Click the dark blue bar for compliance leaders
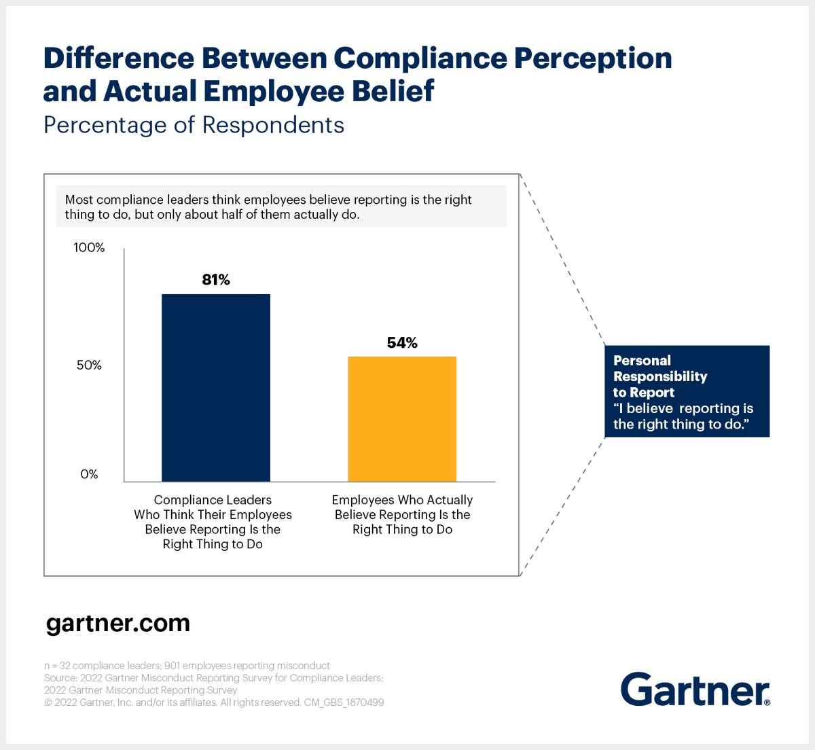215,388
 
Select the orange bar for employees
402,419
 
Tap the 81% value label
216,280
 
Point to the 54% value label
402,343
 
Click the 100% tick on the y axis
89,248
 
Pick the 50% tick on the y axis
89,365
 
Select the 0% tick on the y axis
89,474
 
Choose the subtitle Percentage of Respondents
194,126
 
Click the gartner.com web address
118,624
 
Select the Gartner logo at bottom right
695,690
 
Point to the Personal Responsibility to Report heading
659,376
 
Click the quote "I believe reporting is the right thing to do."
683,416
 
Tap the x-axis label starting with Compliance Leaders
213,522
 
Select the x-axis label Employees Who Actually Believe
402,514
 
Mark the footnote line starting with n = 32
187,666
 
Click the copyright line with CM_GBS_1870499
214,702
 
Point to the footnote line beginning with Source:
213,678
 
